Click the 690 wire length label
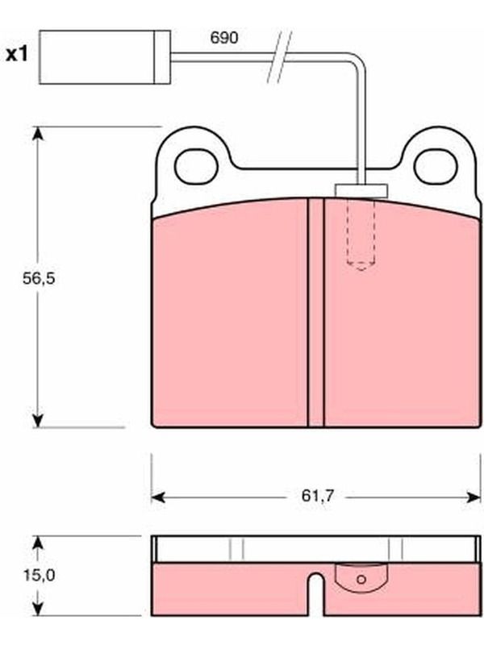tap(224, 38)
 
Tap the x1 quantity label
tap(17, 54)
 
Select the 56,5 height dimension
tap(39, 278)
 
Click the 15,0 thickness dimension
tap(39, 575)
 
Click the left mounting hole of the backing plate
tap(196, 167)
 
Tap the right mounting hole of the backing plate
tap(436, 167)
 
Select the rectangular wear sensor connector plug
tap(105, 57)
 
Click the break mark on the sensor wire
tap(279, 56)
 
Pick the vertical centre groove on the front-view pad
tap(315, 313)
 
